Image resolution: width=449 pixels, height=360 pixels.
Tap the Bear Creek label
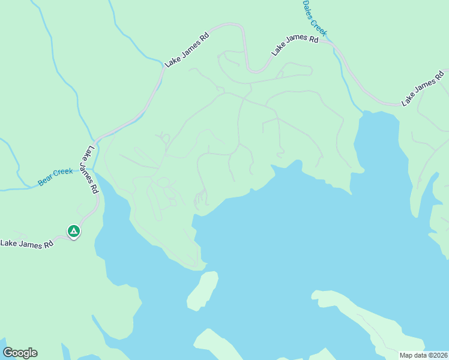55,176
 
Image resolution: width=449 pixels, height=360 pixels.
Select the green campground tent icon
73,230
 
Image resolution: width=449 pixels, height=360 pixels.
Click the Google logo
20,353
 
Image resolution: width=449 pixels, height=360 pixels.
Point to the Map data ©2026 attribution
423,355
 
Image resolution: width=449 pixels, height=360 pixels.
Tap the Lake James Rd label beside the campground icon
26,244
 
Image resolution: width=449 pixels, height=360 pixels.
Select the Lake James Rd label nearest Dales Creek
294,45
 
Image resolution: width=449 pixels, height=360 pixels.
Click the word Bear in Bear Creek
46,179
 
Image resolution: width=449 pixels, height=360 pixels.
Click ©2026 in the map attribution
436,355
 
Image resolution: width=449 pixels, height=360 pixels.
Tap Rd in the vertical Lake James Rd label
95,187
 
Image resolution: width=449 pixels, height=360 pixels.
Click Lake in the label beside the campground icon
8,244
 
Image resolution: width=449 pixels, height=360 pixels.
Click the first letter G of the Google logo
8,353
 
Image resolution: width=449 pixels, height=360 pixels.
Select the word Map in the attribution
406,355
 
